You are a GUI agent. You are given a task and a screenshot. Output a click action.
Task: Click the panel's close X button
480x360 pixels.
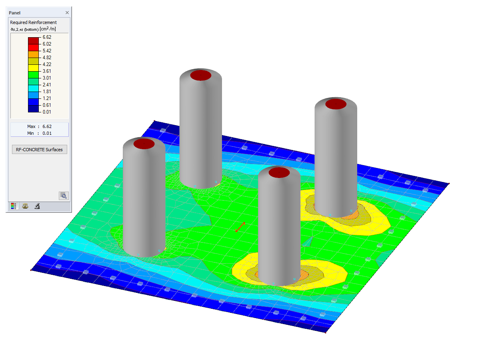(x=67, y=13)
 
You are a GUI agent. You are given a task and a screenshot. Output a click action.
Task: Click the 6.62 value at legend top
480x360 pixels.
(x=47, y=37)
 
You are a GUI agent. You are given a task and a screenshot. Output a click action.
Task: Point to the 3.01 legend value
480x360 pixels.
(x=47, y=78)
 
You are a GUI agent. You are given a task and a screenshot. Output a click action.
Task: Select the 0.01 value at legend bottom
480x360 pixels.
(x=47, y=112)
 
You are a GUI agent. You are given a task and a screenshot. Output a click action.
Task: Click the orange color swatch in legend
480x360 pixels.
(x=33, y=54)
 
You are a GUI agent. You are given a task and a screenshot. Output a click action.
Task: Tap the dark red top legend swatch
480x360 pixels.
(x=33, y=40)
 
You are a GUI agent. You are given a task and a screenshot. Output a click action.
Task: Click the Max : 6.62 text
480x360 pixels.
(x=39, y=126)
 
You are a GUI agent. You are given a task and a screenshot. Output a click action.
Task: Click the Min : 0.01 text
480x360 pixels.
(x=39, y=133)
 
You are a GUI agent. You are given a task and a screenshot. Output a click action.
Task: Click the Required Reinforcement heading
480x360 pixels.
(x=33, y=22)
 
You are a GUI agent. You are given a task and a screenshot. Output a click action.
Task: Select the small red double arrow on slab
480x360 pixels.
(x=240, y=227)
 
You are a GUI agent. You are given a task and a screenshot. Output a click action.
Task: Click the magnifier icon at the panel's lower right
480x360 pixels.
(x=64, y=196)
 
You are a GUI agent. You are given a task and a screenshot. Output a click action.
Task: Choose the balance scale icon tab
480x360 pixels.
(x=25, y=206)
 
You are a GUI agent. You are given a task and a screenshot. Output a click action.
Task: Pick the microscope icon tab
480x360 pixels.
(x=36, y=206)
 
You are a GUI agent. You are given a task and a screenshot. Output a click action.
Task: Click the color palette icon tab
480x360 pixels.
(x=14, y=206)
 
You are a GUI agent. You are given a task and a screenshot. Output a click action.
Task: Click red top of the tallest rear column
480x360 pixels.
(x=200, y=75)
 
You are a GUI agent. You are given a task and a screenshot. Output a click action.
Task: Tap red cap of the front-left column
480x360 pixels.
(x=144, y=144)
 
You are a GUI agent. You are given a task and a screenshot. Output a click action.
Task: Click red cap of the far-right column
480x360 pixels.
(x=336, y=104)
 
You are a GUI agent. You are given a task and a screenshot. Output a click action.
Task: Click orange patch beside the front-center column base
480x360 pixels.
(x=303, y=274)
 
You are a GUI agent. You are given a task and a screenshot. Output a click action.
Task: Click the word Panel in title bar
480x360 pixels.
(x=15, y=13)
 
